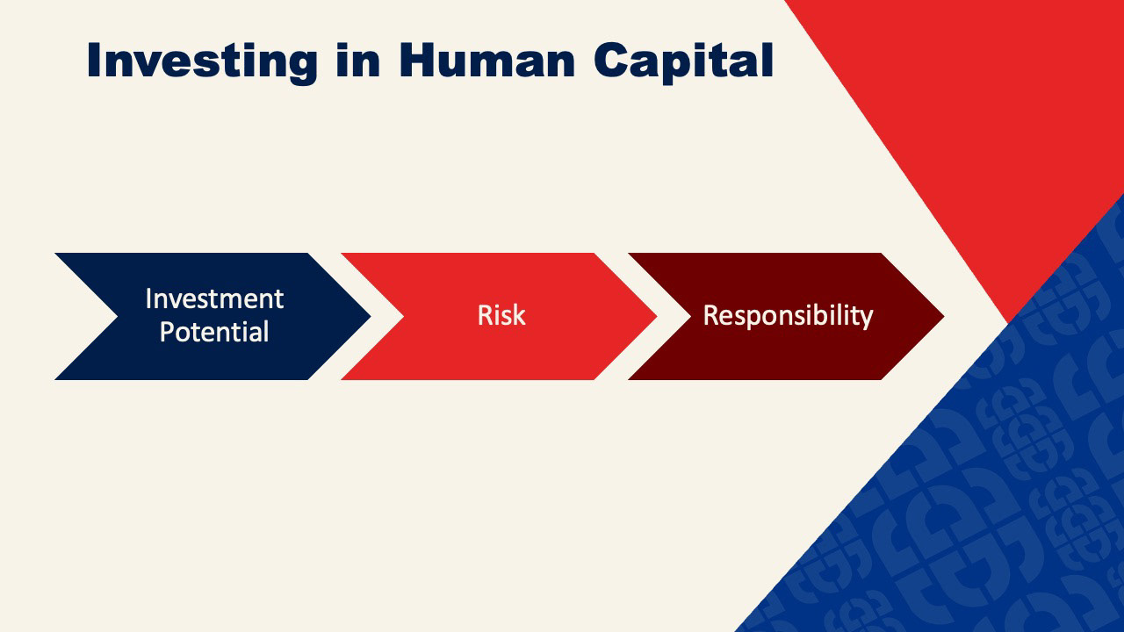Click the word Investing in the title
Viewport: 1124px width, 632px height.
[202, 62]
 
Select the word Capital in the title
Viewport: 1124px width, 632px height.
[683, 61]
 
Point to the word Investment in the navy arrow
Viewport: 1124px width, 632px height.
[214, 299]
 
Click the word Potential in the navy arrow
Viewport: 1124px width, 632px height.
[214, 332]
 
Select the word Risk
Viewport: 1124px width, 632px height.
[501, 315]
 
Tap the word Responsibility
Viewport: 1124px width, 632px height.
[788, 316]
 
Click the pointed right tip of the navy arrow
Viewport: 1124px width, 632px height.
[371, 317]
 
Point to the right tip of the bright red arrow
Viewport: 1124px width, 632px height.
[657, 317]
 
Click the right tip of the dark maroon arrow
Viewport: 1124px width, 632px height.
[944, 317]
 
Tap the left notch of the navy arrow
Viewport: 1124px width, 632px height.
[118, 317]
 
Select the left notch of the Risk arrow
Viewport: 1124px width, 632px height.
[403, 317]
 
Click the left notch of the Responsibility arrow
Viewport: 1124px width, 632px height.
[690, 317]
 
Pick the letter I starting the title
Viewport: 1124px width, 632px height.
[94, 60]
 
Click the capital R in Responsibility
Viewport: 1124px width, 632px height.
[711, 315]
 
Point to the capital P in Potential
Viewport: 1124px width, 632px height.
[167, 332]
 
